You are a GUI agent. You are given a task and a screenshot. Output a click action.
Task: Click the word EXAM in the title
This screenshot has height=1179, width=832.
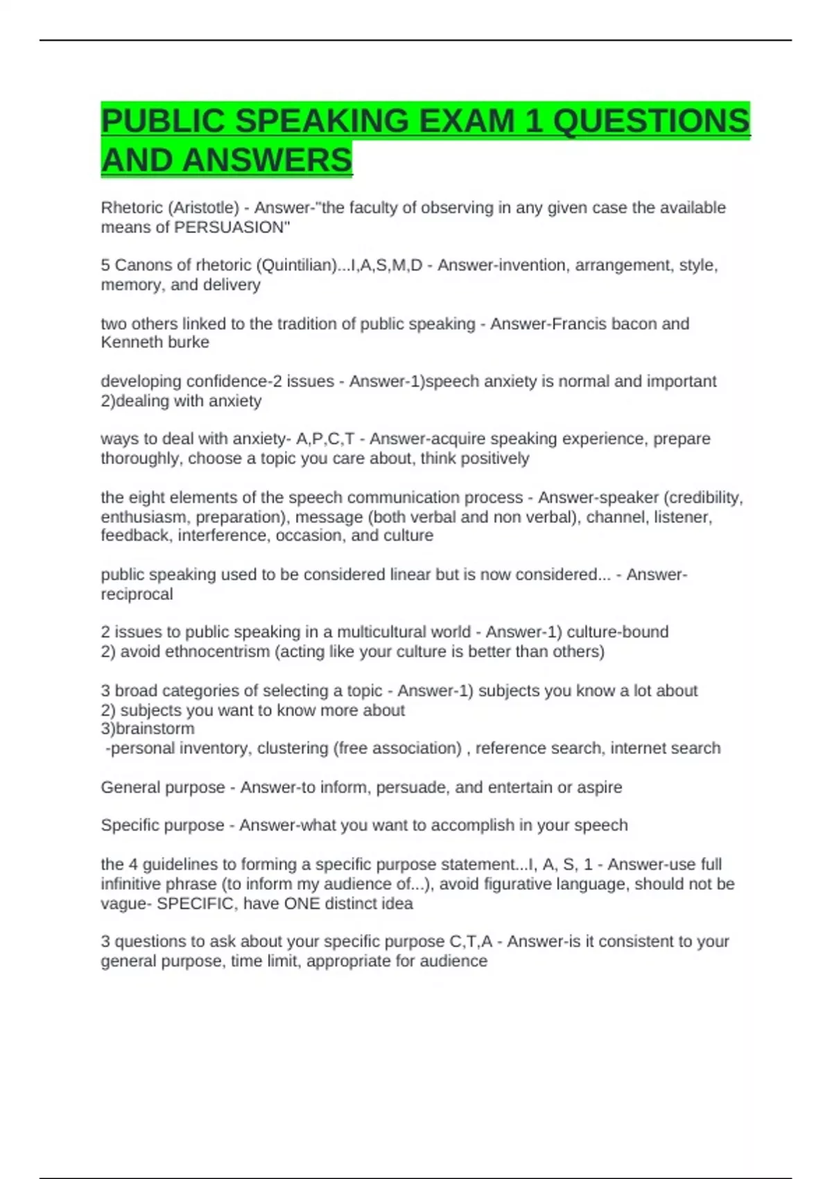pos(467,121)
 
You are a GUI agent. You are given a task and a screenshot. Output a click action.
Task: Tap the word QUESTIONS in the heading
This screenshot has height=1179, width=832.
pos(651,121)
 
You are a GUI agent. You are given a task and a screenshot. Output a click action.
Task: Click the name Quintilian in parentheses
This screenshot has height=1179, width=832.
pos(296,266)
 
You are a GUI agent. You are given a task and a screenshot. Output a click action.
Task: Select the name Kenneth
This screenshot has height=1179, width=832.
pos(128,343)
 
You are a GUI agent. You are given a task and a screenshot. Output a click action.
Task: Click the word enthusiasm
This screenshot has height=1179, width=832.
pos(145,517)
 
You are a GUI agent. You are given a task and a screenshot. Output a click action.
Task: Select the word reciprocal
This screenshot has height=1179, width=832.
pos(137,594)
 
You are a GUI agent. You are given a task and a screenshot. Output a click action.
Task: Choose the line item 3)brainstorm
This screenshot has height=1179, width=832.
pos(148,729)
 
